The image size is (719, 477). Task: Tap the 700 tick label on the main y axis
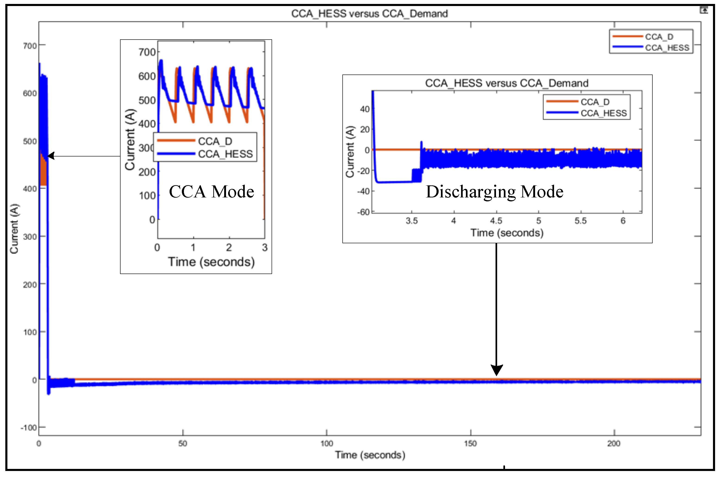(30, 46)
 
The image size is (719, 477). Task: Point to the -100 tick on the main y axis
(29, 428)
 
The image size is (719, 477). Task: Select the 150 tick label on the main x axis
(470, 443)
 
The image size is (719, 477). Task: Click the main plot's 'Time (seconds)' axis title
(370, 455)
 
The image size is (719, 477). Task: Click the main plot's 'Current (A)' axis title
(14, 229)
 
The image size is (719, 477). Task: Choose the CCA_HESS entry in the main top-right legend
(667, 48)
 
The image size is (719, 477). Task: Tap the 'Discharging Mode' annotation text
(494, 192)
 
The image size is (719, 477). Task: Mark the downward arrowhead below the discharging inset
(496, 370)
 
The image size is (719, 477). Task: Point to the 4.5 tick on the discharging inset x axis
(496, 221)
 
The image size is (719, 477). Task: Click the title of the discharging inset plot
(506, 83)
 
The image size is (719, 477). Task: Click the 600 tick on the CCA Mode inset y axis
(147, 76)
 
